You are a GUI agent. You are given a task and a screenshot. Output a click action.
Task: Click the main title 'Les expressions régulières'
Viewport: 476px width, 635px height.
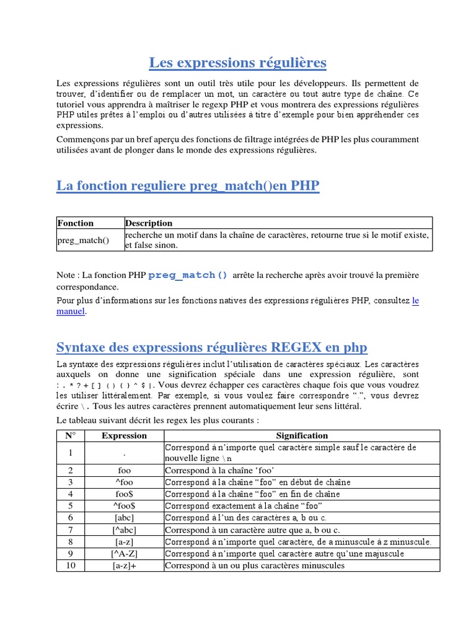[x=237, y=63]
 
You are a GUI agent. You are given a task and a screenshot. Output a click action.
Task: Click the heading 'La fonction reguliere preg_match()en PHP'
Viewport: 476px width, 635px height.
[x=188, y=185]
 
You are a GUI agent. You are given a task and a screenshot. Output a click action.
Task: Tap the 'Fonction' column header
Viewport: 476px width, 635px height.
[x=75, y=223]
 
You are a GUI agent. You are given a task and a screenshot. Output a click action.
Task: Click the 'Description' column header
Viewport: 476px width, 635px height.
[x=149, y=223]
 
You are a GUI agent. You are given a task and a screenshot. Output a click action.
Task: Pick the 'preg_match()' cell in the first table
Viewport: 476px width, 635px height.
[x=83, y=240]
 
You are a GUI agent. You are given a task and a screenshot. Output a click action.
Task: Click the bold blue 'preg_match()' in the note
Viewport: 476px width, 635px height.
[x=188, y=275]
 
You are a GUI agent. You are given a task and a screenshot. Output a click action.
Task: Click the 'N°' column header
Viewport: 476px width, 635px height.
[x=70, y=435]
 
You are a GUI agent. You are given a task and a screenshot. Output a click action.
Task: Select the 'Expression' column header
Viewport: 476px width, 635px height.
[x=124, y=435]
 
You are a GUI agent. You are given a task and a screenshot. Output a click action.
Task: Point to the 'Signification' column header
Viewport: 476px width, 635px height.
[x=302, y=435]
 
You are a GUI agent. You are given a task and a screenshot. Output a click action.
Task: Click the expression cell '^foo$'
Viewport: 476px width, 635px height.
[x=124, y=505]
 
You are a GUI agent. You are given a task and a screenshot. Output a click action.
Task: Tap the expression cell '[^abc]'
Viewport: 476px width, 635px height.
[x=124, y=530]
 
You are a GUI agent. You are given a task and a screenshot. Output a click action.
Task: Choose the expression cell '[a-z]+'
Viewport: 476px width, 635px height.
[x=124, y=566]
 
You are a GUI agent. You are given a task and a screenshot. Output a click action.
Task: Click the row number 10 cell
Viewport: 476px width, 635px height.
[x=70, y=566]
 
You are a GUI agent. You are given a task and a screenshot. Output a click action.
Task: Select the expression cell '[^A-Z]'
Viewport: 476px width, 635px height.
[x=124, y=553]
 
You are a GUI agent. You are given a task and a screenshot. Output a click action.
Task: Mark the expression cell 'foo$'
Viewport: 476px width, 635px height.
[x=124, y=494]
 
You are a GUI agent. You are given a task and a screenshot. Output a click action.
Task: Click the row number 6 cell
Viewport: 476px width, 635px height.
[x=70, y=517]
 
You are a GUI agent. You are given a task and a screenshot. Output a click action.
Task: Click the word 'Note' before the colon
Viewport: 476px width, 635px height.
[x=66, y=275]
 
